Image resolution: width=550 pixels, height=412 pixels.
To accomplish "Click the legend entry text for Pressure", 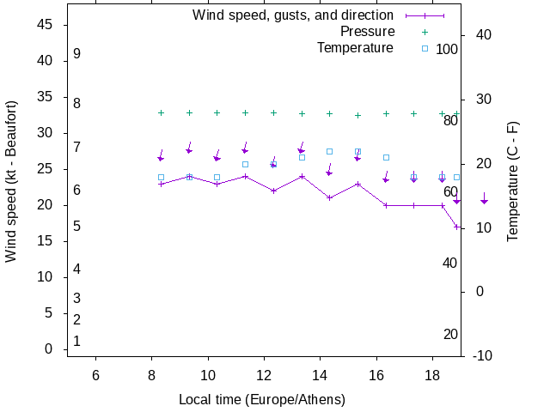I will (367, 32).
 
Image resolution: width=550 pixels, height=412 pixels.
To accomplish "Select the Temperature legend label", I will (355, 47).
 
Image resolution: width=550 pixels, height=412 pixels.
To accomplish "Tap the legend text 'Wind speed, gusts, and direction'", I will (293, 15).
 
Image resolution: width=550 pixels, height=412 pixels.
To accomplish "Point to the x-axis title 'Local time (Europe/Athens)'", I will (262, 400).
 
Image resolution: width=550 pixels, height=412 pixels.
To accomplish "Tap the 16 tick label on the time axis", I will (376, 375).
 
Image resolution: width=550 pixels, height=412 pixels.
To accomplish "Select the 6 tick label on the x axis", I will (95, 375).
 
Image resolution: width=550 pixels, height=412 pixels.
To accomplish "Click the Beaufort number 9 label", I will (77, 54).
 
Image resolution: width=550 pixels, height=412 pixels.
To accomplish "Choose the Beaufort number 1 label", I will (77, 341).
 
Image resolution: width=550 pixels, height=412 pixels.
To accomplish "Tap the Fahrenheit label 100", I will (447, 49).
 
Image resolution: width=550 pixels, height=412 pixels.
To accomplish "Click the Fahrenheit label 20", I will (450, 334).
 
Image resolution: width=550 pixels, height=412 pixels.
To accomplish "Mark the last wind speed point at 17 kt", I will (457, 227).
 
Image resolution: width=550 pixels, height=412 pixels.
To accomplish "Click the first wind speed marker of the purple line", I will (161, 184).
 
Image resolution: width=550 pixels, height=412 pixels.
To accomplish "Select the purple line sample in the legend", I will (425, 15).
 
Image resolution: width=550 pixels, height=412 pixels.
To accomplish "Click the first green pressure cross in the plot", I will (161, 112).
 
